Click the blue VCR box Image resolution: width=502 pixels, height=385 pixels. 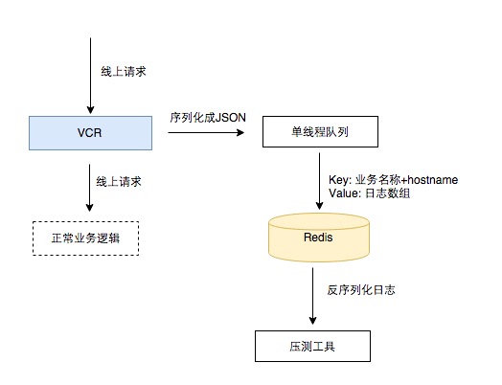[90, 133]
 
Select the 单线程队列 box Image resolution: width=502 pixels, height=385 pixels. [320, 131]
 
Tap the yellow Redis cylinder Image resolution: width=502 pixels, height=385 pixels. [319, 238]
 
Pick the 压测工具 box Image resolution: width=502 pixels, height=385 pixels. [312, 346]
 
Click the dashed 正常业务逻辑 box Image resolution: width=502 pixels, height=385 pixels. [86, 238]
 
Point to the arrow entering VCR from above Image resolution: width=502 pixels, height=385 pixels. [90, 76]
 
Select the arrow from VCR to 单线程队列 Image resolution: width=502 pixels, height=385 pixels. [206, 132]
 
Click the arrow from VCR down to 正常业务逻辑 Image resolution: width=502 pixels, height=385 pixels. [90, 188]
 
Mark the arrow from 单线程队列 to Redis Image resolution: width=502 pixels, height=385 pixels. [319, 181]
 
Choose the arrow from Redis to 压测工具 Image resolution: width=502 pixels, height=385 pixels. [312, 296]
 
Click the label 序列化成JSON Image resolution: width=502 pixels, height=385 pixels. [208, 118]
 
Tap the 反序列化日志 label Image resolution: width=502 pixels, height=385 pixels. [361, 290]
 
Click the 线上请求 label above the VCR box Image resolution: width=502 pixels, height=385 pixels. [124, 72]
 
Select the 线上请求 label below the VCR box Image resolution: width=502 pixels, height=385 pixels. [119, 181]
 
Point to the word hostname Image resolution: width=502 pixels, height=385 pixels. [433, 179]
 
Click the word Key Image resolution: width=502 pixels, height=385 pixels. [339, 180]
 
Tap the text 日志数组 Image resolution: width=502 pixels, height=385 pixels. [387, 193]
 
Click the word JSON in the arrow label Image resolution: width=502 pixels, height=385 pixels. [231, 118]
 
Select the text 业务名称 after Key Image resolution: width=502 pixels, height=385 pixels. [377, 179]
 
